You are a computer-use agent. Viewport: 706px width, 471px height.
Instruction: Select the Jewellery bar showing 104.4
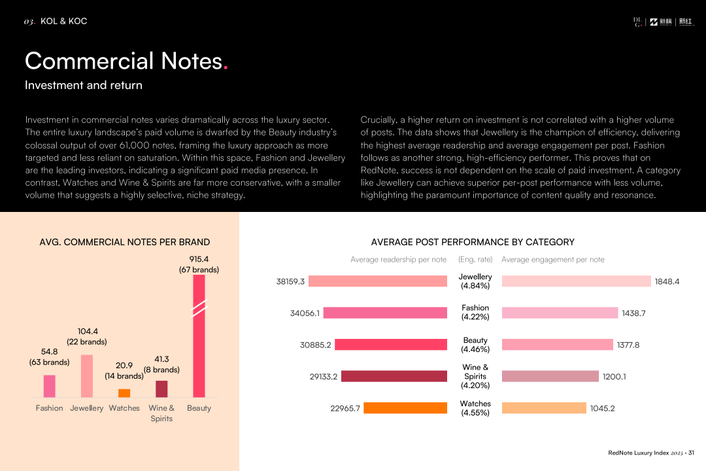[x=86, y=376]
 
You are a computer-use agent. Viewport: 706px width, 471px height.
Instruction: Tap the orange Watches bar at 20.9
[x=124, y=393]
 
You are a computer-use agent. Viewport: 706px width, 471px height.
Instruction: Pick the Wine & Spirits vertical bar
[x=161, y=389]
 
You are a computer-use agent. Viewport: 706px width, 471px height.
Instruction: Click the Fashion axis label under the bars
[x=49, y=408]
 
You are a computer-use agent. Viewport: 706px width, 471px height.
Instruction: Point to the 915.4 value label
[x=199, y=259]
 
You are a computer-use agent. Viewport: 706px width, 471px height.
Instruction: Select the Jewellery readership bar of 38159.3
[x=378, y=281]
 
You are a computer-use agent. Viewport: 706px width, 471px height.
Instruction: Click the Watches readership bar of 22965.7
[x=405, y=408]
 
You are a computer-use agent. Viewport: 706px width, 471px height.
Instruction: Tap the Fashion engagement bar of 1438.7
[x=560, y=313]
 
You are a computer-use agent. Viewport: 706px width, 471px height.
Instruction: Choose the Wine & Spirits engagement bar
[x=550, y=376]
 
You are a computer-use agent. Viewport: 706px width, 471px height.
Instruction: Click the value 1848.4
[x=667, y=282]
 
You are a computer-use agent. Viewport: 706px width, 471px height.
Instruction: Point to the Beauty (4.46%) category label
[x=475, y=345]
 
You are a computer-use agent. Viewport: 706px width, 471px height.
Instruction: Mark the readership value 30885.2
[x=316, y=345]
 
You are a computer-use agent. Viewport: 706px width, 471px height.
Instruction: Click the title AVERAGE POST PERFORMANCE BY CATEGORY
[x=473, y=242]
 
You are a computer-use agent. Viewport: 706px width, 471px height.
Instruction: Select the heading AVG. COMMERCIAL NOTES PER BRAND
[x=125, y=242]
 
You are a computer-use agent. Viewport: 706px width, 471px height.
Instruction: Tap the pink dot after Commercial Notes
[x=226, y=67]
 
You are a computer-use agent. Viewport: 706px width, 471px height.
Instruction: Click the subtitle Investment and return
[x=84, y=85]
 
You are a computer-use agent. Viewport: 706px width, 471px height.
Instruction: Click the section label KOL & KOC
[x=63, y=21]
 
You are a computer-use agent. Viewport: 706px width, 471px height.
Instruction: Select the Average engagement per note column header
[x=553, y=260]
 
